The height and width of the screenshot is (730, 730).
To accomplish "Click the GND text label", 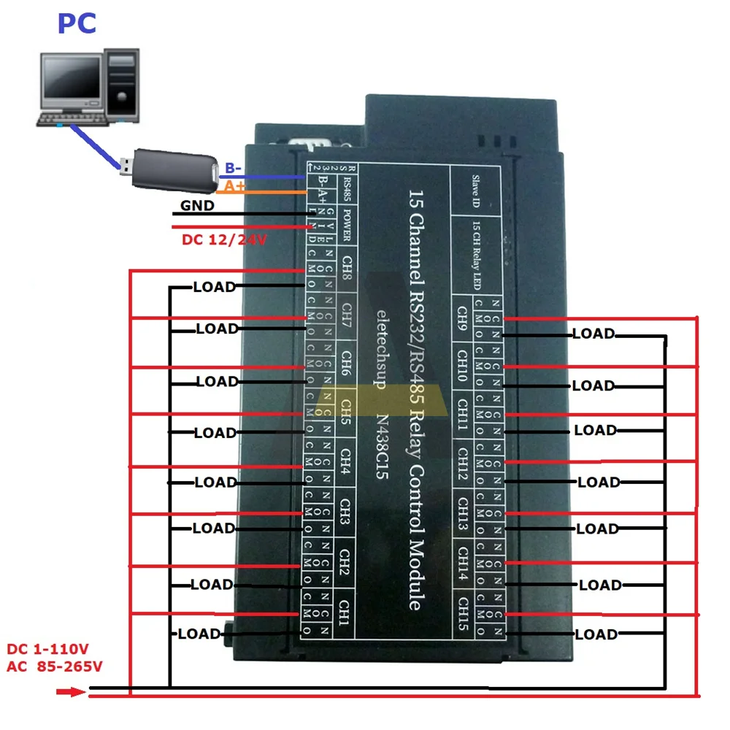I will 197,206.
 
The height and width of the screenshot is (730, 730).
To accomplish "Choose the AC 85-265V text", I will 55,666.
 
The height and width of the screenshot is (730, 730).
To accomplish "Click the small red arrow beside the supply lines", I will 71,691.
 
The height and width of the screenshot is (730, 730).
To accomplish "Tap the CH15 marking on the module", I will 462,612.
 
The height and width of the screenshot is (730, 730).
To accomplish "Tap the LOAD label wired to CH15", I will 596,634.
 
